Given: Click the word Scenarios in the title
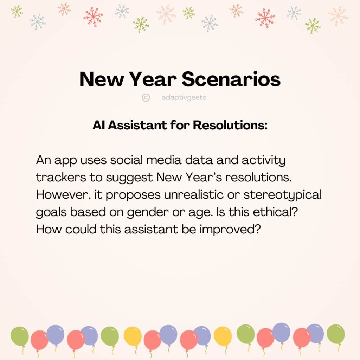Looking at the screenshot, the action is pyautogui.click(x=231, y=79).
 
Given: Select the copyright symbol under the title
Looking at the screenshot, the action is pyautogui.click(x=146, y=98).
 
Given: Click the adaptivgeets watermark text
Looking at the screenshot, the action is pyautogui.click(x=184, y=98).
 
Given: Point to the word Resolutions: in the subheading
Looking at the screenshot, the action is pyautogui.click(x=230, y=125).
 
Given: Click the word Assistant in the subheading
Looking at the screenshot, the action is pyautogui.click(x=138, y=125).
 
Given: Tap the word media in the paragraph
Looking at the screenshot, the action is pyautogui.click(x=164, y=160).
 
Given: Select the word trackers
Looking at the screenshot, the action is pyautogui.click(x=61, y=177).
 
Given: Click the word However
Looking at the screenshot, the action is pyautogui.click(x=62, y=195).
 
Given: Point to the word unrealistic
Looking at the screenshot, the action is pyautogui.click(x=194, y=195).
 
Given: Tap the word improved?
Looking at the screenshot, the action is pyautogui.click(x=230, y=230).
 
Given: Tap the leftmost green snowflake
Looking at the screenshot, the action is pyautogui.click(x=17, y=12).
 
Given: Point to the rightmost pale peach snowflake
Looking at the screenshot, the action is pyautogui.click(x=338, y=16).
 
